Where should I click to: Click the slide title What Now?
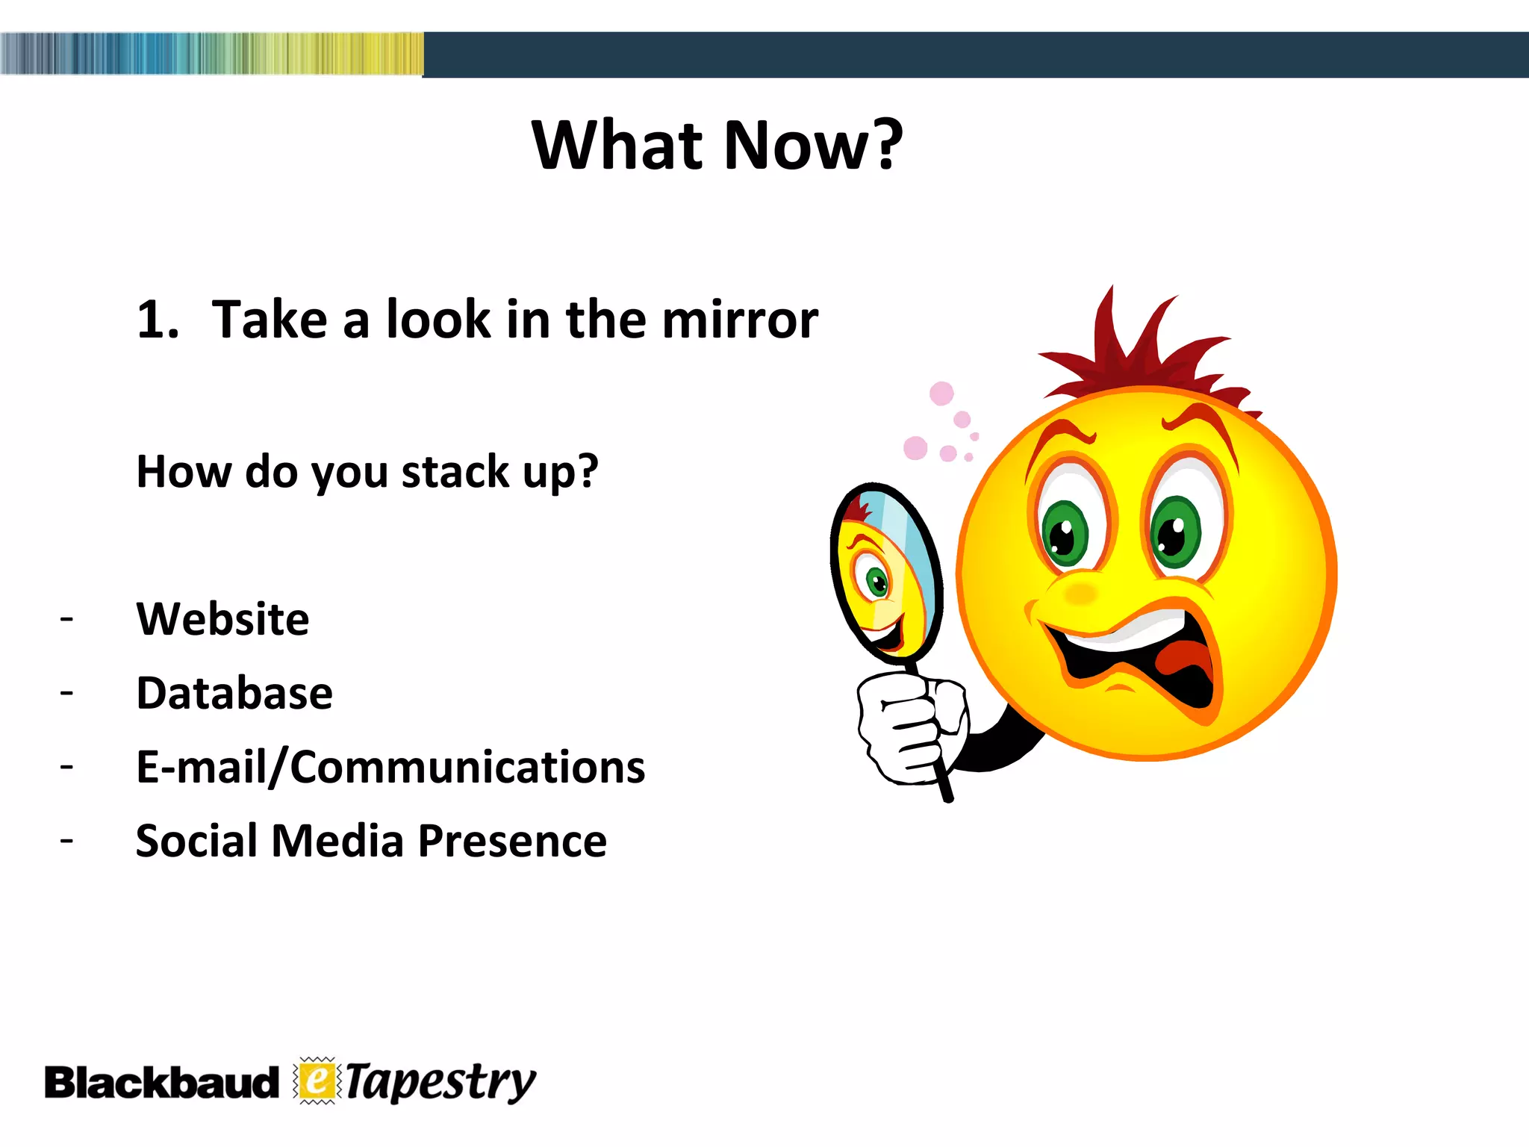click(x=717, y=145)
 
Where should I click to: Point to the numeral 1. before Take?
click(x=157, y=320)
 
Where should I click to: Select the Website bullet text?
click(x=222, y=619)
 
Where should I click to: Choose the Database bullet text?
click(x=234, y=693)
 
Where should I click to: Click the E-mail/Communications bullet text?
click(x=390, y=767)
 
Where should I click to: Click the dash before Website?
click(x=67, y=619)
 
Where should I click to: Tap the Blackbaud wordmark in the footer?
click(x=161, y=1083)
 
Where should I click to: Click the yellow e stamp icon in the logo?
click(x=317, y=1081)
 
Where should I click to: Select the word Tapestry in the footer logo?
click(x=440, y=1083)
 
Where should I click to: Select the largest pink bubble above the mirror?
click(x=941, y=393)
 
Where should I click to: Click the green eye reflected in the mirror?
click(x=876, y=581)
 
